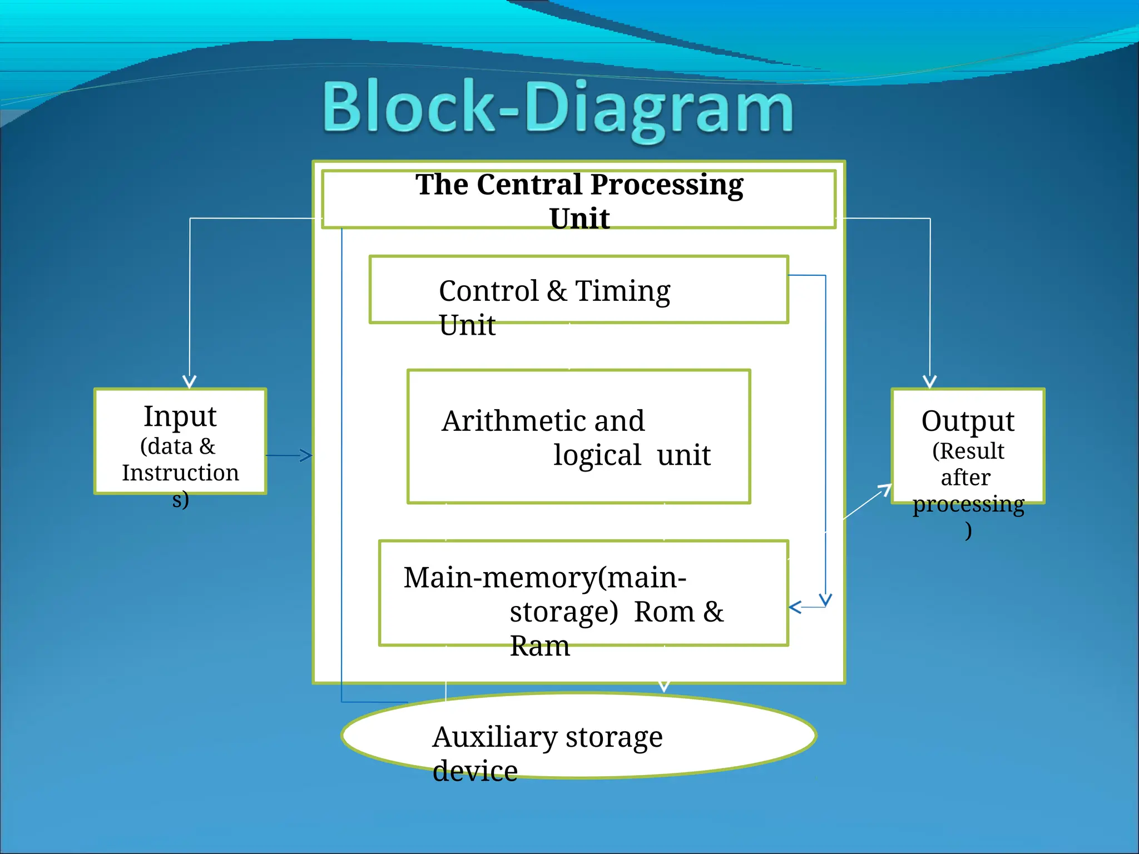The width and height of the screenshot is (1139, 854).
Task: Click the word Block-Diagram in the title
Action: [558, 108]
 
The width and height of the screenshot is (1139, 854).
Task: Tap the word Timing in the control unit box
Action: [622, 291]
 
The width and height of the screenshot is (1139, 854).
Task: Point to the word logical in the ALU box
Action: [597, 455]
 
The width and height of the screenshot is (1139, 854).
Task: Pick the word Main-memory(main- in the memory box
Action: [544, 578]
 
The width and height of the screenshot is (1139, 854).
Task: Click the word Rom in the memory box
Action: [664, 612]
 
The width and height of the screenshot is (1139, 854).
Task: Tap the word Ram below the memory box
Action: [539, 647]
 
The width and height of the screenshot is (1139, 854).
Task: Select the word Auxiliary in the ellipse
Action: [494, 737]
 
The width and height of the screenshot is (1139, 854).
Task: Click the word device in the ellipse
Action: [475, 772]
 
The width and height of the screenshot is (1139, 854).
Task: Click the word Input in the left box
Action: [180, 416]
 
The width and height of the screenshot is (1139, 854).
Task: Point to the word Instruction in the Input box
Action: [180, 473]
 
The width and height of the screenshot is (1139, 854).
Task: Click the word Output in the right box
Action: [968, 421]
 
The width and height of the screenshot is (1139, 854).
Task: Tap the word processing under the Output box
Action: [968, 504]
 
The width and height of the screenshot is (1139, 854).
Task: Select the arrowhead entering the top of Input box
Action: [190, 382]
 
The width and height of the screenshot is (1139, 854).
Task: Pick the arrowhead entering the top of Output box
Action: [930, 382]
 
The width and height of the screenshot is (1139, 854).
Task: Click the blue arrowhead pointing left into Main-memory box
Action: [795, 607]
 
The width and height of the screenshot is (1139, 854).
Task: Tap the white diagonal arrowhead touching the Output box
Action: [885, 489]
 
